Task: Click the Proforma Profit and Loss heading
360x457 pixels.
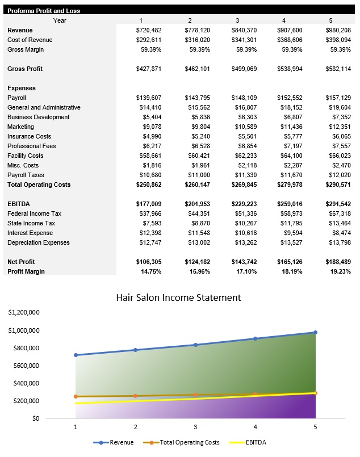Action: coord(44,11)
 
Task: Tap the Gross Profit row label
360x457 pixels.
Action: coord(26,69)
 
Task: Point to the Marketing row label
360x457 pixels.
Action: coord(20,127)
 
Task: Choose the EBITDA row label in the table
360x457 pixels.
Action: coord(18,204)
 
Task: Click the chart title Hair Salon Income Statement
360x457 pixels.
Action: coord(178,297)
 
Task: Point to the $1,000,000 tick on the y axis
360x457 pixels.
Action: coord(23,330)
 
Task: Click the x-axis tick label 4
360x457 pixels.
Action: coord(255,426)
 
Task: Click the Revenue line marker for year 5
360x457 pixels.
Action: coord(315,333)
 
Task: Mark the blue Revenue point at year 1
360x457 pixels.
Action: coord(76,355)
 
